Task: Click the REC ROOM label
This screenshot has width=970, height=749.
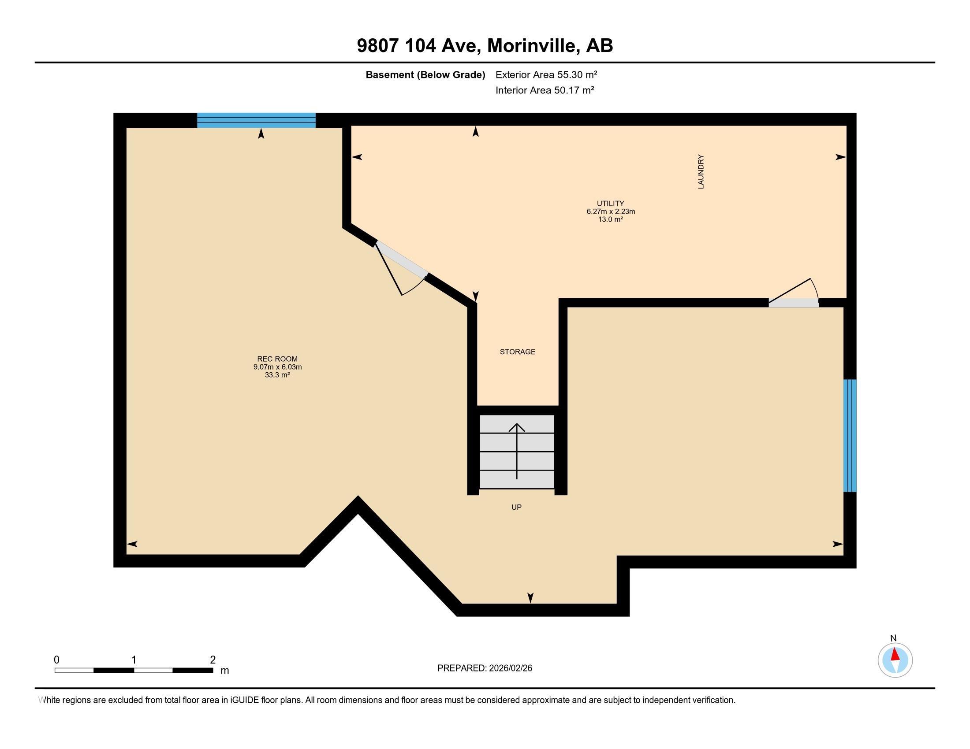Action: click(x=277, y=359)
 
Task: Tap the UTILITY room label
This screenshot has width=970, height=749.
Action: click(x=610, y=204)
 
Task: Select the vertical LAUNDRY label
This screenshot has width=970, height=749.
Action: click(x=701, y=172)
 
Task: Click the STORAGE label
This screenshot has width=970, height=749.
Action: click(x=518, y=352)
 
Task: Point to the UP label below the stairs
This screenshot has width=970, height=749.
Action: click(x=516, y=507)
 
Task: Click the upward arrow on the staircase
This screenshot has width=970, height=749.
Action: click(x=517, y=450)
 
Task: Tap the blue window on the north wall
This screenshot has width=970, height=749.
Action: click(x=256, y=120)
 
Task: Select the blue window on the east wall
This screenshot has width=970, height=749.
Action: click(x=849, y=435)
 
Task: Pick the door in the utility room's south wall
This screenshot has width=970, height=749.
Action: click(x=794, y=303)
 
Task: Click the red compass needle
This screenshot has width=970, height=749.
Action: click(x=895, y=654)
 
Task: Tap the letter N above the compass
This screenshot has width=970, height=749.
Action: click(x=893, y=638)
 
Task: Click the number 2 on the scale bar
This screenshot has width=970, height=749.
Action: click(x=213, y=660)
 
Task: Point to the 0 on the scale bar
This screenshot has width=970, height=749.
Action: click(x=56, y=660)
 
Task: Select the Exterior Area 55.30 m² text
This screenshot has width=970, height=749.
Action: click(x=546, y=74)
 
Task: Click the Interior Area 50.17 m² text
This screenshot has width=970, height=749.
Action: click(x=545, y=90)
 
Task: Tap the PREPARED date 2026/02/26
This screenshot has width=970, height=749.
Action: click(x=509, y=668)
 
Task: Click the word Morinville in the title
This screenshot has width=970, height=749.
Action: click(x=533, y=46)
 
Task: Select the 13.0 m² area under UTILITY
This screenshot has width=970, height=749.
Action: click(x=610, y=219)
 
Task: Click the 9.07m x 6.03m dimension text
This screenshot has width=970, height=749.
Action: click(x=277, y=367)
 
